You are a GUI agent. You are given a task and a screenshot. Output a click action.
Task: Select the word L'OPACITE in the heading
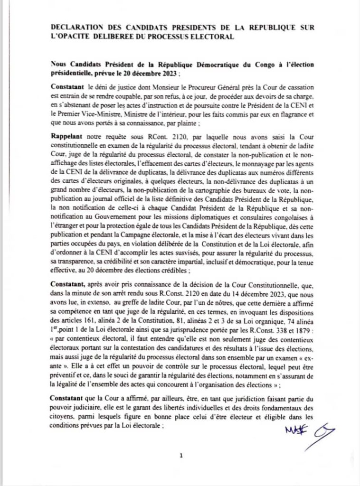(70, 37)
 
